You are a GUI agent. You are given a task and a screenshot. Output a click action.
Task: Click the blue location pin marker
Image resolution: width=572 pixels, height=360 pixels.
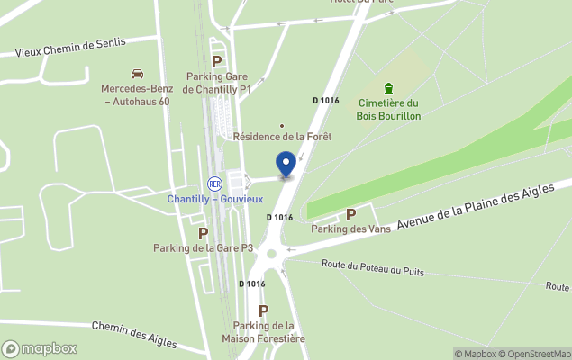(286, 165)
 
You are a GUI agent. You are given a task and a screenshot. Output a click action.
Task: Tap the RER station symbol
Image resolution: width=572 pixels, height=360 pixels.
(214, 184)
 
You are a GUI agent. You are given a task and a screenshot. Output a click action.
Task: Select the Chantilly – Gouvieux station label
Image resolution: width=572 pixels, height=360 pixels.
(214, 198)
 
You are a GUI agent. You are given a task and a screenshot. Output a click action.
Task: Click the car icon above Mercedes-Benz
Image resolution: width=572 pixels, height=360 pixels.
(137, 74)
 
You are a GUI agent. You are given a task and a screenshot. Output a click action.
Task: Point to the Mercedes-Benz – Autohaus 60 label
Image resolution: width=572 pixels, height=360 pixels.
(136, 95)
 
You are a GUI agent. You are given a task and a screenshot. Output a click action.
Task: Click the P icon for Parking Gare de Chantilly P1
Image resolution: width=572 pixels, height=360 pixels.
(216, 61)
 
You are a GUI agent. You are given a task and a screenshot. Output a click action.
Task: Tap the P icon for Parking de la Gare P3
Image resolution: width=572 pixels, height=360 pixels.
(203, 233)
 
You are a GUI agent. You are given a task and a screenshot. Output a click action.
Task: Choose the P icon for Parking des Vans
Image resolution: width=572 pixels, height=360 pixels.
(350, 215)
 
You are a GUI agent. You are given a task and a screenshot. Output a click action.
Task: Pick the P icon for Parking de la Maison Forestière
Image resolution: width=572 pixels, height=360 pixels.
(263, 310)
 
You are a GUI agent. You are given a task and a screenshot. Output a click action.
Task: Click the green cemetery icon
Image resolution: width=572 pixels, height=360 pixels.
(388, 88)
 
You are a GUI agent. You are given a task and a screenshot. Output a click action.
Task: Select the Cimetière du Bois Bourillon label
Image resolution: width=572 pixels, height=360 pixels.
(389, 109)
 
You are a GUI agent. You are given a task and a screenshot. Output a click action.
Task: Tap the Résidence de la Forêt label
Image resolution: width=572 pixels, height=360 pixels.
(282, 137)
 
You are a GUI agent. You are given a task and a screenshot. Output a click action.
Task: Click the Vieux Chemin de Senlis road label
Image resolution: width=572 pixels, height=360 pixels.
(73, 47)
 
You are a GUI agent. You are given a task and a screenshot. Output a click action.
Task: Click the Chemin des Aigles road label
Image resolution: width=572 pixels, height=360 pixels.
(132, 332)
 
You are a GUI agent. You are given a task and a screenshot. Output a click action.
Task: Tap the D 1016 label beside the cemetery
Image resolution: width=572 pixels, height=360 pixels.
(326, 100)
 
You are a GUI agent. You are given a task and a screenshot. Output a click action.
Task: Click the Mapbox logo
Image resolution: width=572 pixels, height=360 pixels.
(40, 348)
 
